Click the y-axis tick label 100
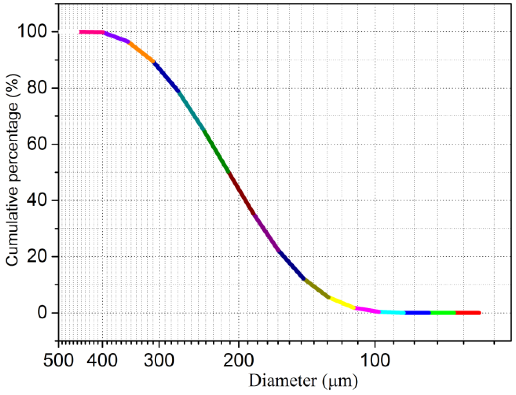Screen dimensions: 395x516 [x=32, y=31]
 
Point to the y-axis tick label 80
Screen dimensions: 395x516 [x=37, y=88]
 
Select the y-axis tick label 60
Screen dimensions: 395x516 [x=37, y=144]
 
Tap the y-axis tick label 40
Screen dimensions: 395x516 [x=37, y=200]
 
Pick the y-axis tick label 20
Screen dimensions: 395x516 [x=37, y=256]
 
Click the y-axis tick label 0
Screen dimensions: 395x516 [x=42, y=312]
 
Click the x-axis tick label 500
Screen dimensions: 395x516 [x=58, y=360]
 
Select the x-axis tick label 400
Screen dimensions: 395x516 [x=103, y=360]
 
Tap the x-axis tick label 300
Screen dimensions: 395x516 [x=159, y=360]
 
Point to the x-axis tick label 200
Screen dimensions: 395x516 [x=238, y=360]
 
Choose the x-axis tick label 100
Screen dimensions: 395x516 [x=375, y=360]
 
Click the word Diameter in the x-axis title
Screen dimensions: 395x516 [x=282, y=381]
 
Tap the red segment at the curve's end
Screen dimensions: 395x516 [x=468, y=313]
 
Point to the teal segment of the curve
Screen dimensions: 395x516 [x=191, y=111]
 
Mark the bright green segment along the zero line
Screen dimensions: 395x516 [x=443, y=313]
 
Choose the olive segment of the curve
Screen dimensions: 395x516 [x=317, y=288]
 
